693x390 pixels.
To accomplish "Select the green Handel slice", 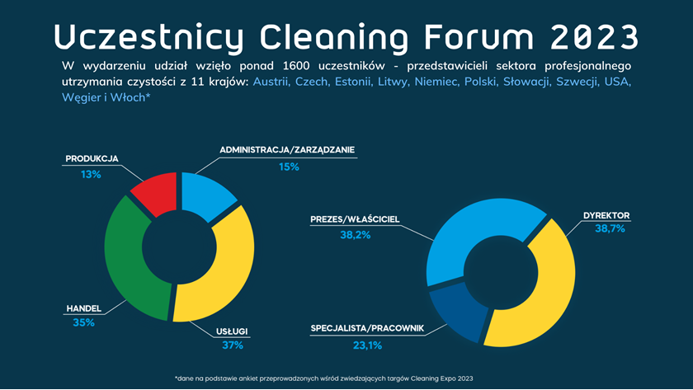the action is (x=126, y=261).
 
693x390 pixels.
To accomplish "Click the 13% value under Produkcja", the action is (x=91, y=175).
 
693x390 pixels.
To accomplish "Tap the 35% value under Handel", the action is (x=83, y=322).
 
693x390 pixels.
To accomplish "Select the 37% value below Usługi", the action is (x=233, y=345).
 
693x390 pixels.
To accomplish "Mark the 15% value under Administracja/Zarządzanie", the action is (x=289, y=167).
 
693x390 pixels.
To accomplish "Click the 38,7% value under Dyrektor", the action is (x=610, y=228).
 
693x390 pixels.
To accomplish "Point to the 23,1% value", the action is (x=367, y=345).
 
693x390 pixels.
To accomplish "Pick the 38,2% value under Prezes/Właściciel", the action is (x=356, y=235).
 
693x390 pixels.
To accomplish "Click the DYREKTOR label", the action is (x=606, y=215).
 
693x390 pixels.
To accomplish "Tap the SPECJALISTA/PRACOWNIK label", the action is (x=367, y=328).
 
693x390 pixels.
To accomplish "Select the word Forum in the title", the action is (x=479, y=36).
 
